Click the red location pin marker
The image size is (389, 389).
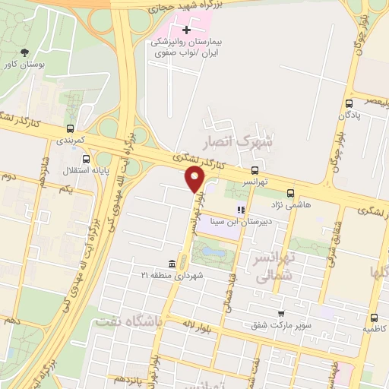pos(195,179)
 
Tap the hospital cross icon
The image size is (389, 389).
pos(187,30)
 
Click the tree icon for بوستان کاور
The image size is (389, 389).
pos(25,52)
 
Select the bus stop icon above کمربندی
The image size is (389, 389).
pos(70,129)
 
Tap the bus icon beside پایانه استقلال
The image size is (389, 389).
pos(86,160)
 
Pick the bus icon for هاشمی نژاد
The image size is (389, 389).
pos(291,194)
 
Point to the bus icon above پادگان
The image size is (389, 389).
pos(349,104)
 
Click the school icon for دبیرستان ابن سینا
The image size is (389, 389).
pos(240,210)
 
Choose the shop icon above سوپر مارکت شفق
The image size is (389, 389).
pos(281,313)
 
